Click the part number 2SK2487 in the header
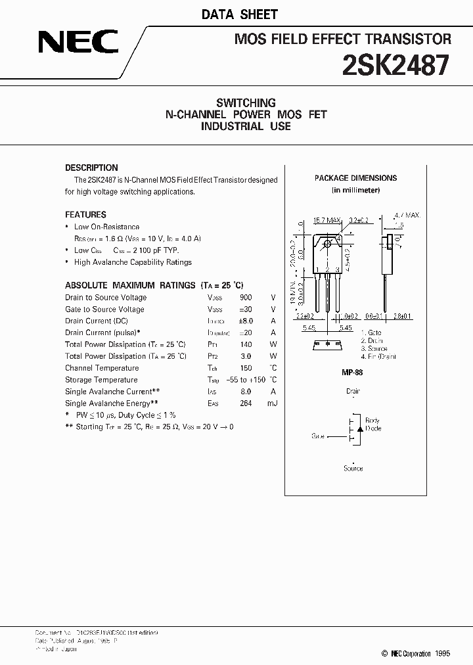(396, 66)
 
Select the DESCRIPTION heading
(91, 168)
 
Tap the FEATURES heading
(85, 214)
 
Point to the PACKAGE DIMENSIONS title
(355, 178)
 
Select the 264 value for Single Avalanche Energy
(246, 403)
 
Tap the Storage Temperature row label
(102, 380)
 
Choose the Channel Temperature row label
(102, 368)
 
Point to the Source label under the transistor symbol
(353, 469)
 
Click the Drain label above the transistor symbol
(353, 391)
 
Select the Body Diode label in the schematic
(372, 424)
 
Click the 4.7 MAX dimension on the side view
(407, 215)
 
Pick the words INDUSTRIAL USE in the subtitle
(246, 126)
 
